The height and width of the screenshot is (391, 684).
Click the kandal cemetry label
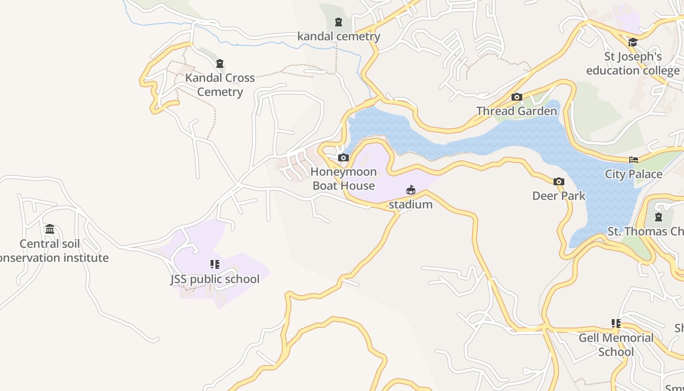pos(339,36)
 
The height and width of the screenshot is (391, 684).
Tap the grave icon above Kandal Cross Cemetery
pos(220,64)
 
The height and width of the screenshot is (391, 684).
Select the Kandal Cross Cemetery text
pos(220,85)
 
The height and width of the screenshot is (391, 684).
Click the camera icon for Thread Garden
pos(516,97)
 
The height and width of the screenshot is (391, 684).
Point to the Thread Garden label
pos(516,111)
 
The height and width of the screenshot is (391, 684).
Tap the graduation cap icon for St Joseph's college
pos(633,43)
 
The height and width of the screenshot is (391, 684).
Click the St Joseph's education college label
pos(633,64)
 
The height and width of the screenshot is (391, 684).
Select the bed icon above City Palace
pos(634,160)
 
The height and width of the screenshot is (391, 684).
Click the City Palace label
pos(634,174)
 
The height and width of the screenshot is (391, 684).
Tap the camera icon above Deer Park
pos(558,182)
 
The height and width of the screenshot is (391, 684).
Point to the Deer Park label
pos(558,195)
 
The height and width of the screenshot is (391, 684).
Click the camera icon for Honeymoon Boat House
pos(343,157)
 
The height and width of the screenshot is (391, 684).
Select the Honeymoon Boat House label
pos(344,178)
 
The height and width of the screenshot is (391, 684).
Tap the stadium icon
pos(411,190)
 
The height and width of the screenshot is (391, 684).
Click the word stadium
pos(411,204)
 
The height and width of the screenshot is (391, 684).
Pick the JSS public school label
pos(215,279)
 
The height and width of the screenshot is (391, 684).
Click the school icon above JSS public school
pos(215,264)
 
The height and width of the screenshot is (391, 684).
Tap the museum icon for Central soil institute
pos(50,229)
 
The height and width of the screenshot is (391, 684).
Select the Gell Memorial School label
pos(616,345)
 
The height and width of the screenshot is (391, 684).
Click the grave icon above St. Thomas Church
pos(659,217)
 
